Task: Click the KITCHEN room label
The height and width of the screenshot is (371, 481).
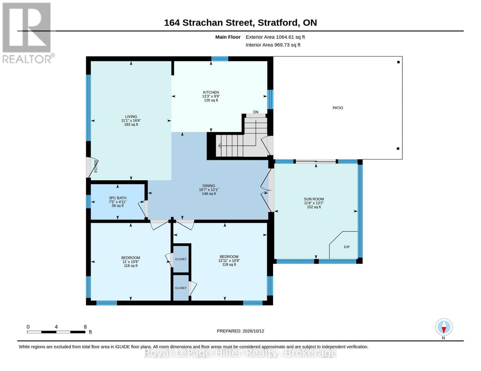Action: coord(211,92)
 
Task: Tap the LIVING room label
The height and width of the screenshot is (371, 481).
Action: coord(131,117)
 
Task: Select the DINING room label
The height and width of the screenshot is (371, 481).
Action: coord(209,186)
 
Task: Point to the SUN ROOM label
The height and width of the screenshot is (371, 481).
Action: coord(314,199)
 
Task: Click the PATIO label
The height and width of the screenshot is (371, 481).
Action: coord(338,108)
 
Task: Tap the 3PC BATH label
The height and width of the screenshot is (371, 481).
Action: coord(117,198)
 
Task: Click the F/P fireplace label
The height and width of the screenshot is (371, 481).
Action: coord(347,247)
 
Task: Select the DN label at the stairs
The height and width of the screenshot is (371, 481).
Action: coord(256,112)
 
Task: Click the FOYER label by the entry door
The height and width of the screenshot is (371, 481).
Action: coord(96,166)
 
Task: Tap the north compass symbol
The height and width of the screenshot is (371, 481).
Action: coord(444,327)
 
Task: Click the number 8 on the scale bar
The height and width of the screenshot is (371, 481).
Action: coord(85,327)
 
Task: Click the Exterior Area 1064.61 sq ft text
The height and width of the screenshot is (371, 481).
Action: coord(275,37)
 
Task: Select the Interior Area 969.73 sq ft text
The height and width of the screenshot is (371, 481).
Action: coord(273,45)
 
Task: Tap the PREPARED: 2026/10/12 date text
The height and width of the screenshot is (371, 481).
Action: coord(240,331)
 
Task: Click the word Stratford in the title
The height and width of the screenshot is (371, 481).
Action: coord(278,23)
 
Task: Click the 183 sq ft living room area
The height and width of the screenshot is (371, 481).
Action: coord(131,125)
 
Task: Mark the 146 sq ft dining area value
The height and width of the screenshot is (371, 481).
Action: coord(209,194)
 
